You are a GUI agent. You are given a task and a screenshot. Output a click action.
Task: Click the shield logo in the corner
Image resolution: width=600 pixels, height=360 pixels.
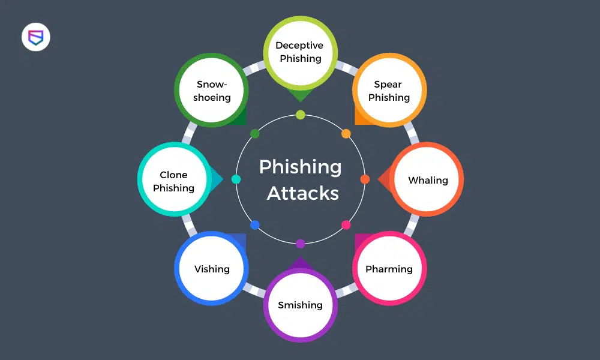click(36, 38)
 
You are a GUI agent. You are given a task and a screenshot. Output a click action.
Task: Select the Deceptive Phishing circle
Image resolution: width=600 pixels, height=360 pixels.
click(300, 52)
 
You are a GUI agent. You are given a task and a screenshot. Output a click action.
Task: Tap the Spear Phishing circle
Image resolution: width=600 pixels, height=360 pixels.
click(389, 91)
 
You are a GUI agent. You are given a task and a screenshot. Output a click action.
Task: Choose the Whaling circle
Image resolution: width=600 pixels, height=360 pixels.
click(427, 180)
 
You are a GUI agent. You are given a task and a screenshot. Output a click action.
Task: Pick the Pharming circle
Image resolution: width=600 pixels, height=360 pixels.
click(389, 269)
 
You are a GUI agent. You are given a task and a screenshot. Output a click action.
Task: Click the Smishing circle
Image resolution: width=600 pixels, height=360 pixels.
click(300, 305)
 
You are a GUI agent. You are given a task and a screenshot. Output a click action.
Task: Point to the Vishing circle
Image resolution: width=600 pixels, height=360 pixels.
click(212, 269)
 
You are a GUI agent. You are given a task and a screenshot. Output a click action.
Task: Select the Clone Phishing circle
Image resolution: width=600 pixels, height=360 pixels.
click(174, 181)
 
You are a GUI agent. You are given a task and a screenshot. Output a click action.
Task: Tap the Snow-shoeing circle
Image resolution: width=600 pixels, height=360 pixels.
click(212, 91)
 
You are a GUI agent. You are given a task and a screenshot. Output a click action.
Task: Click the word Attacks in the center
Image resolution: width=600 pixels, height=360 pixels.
click(302, 193)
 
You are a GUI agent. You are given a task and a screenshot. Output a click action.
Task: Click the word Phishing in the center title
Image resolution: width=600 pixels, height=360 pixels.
click(301, 167)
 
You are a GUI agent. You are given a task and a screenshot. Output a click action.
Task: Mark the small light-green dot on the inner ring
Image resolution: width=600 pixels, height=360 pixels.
click(301, 115)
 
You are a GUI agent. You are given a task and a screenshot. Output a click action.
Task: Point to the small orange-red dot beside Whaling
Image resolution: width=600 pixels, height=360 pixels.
click(365, 179)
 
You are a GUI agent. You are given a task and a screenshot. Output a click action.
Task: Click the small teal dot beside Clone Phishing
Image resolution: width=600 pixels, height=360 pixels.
click(236, 179)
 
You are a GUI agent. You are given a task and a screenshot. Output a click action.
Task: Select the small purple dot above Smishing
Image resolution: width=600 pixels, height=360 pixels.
click(301, 244)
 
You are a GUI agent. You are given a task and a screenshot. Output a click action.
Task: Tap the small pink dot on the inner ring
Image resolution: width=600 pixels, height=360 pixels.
click(346, 225)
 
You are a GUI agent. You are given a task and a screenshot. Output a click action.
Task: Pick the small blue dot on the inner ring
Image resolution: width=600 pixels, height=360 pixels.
click(255, 225)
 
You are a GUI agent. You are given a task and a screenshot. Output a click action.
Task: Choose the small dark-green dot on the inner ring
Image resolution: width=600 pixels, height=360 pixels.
click(255, 134)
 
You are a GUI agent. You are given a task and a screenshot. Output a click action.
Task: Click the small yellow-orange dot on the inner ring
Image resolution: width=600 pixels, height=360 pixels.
click(346, 134)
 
